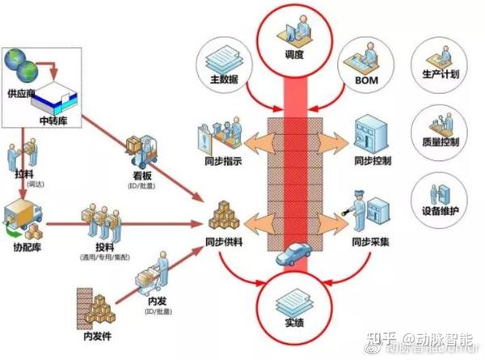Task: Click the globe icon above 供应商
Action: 19,61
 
